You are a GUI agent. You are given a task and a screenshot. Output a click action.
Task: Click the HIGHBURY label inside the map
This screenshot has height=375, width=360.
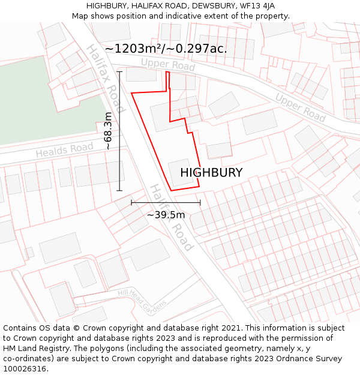pyautogui.click(x=211, y=173)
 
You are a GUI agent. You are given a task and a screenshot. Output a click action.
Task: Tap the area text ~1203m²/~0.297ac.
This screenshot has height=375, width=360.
pyautogui.click(x=166, y=49)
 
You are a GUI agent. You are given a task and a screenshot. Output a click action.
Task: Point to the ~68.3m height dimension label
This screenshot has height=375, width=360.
pyautogui.click(x=107, y=131)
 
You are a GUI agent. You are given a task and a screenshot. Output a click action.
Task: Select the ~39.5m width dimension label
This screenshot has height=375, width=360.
pyautogui.click(x=166, y=214)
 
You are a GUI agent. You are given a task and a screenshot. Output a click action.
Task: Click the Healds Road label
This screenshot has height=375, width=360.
pyautogui.click(x=64, y=151)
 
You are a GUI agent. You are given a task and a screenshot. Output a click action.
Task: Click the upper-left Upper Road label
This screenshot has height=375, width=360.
pyautogui.click(x=168, y=65)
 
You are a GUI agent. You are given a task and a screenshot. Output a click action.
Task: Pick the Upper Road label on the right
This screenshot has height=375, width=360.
pyautogui.click(x=301, y=107)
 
